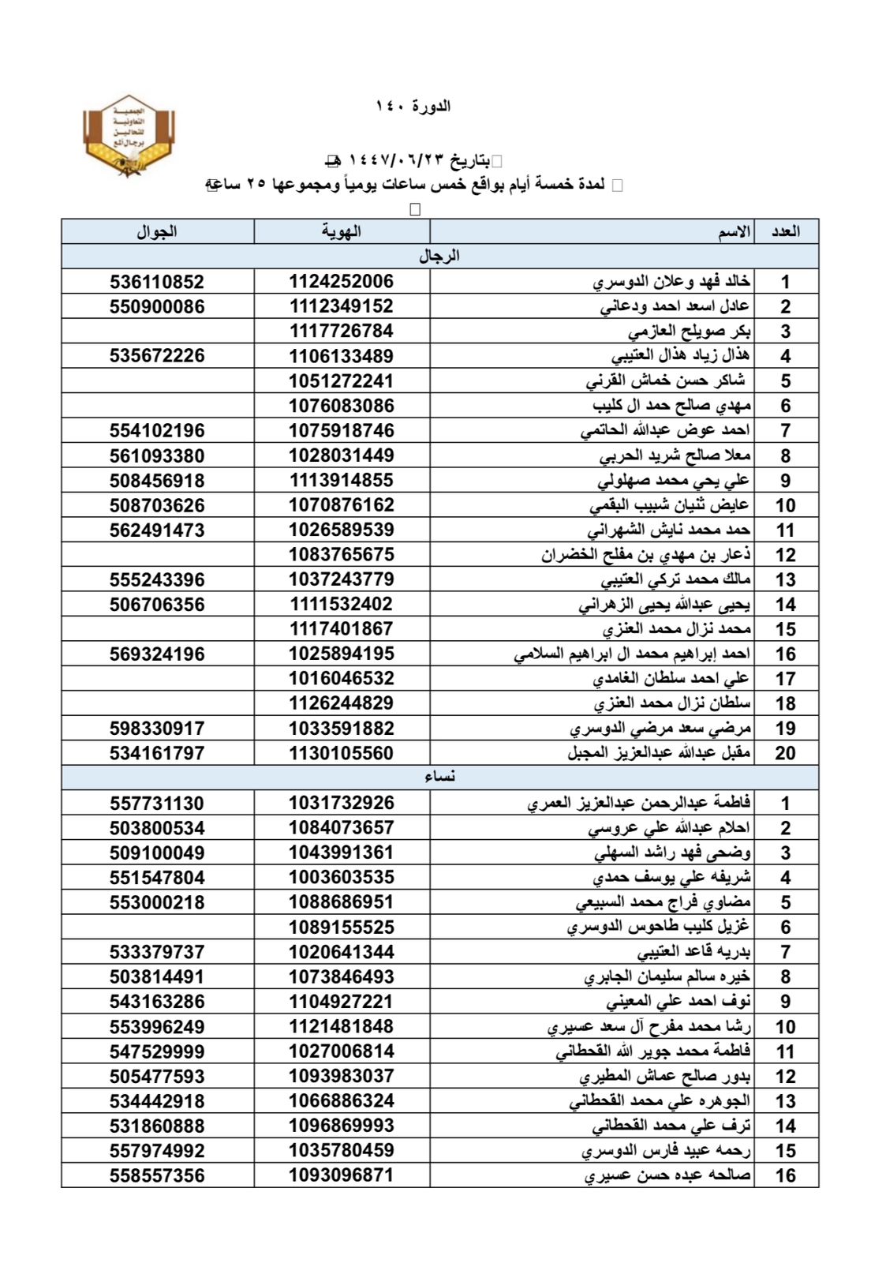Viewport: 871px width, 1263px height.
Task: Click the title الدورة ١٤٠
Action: tap(413, 106)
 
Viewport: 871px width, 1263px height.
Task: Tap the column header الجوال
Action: tap(157, 231)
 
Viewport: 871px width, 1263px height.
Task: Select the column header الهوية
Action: tap(341, 231)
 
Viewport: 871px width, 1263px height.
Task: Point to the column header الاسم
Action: tap(734, 231)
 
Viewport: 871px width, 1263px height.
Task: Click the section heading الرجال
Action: tap(439, 256)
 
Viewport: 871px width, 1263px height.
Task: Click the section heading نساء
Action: tap(439, 777)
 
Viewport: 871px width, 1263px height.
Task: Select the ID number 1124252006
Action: tap(341, 282)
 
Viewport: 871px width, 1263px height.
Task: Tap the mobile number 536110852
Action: tap(157, 282)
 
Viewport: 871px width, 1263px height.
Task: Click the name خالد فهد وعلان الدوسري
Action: tap(671, 282)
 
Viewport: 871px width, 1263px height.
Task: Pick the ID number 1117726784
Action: tap(341, 332)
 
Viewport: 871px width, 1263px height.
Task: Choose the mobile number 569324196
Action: tap(157, 654)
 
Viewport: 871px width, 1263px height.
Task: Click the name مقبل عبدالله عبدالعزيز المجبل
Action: tap(659, 753)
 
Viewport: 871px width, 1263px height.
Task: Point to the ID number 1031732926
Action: tap(341, 804)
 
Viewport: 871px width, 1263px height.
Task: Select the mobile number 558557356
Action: tap(157, 1175)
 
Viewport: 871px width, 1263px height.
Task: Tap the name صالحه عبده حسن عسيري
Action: tap(667, 1175)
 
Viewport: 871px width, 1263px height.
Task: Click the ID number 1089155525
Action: tap(341, 928)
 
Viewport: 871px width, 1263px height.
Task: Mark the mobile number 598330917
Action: tap(157, 729)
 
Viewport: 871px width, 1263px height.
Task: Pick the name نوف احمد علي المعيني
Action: tap(678, 1002)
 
